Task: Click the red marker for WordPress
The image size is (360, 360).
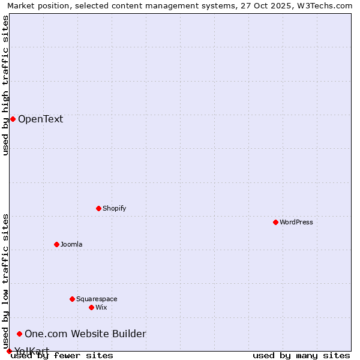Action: [x=275, y=222]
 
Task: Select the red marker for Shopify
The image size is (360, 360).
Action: [x=98, y=208]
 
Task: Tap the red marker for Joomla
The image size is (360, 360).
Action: [x=56, y=244]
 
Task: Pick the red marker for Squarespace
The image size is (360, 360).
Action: [x=72, y=299]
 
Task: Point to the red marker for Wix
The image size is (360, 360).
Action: [x=91, y=307]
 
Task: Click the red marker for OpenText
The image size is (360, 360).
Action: [x=13, y=119]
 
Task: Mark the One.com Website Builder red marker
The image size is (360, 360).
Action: [x=19, y=334]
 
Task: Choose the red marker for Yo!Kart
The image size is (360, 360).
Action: [x=9, y=351]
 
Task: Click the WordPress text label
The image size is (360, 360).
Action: [x=296, y=222]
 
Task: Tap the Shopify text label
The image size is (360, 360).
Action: [x=114, y=208]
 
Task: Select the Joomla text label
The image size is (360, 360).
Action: [x=71, y=244]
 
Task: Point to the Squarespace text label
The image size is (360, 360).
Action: [x=97, y=299]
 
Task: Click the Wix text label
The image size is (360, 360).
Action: [x=101, y=307]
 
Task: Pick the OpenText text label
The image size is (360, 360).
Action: [x=40, y=119]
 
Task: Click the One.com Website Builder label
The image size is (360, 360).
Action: [x=85, y=334]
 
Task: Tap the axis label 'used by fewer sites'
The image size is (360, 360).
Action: [x=62, y=355]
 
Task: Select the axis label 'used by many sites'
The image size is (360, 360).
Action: [x=301, y=355]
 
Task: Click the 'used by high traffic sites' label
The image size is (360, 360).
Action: [x=5, y=85]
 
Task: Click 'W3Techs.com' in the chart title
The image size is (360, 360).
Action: [x=326, y=5]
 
